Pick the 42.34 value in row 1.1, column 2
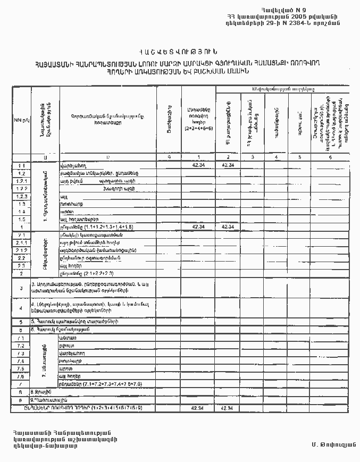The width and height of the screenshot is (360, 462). [x=228, y=165]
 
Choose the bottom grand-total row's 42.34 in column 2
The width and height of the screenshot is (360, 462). [x=227, y=408]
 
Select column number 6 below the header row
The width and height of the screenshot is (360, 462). [x=330, y=157]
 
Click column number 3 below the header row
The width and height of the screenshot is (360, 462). [x=252, y=157]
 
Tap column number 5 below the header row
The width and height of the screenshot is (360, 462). [x=300, y=157]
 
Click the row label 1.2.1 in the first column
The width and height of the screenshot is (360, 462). [x=21, y=181]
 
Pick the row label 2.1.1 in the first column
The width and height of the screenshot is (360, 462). [x=21, y=242]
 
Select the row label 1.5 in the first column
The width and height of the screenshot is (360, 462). [x=21, y=219]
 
